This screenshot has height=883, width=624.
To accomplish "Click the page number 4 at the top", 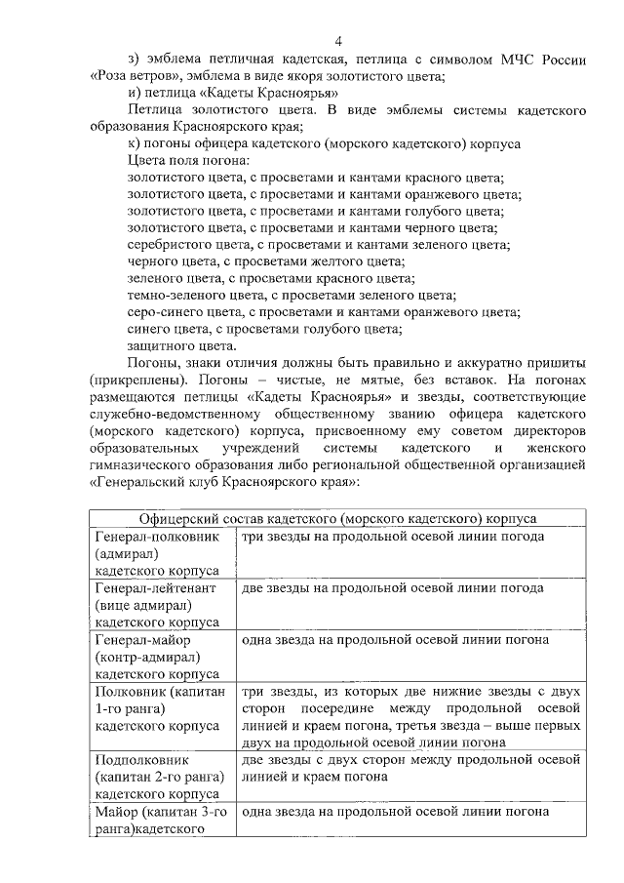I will click(337, 41).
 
